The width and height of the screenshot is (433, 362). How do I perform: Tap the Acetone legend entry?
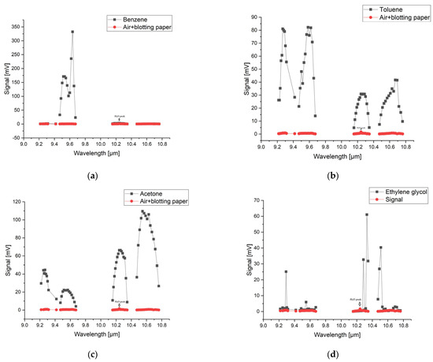[138, 193]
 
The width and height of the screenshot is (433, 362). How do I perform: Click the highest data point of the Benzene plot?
[72, 32]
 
